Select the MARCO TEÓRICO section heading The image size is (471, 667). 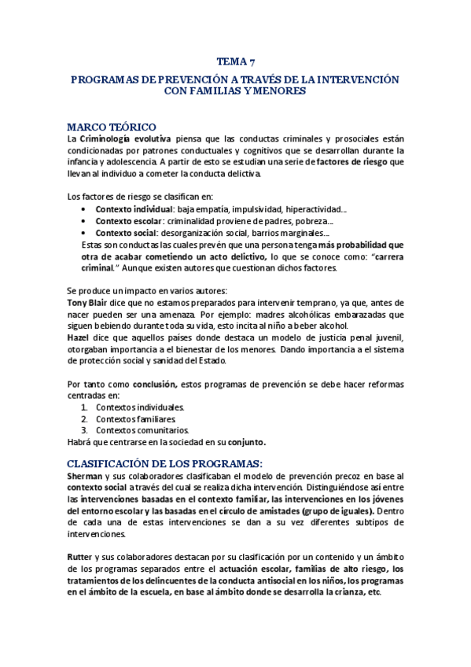(x=112, y=127)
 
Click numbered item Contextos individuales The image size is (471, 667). (x=140, y=407)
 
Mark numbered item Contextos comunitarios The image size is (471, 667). (x=142, y=430)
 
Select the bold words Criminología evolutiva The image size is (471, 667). (x=124, y=138)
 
